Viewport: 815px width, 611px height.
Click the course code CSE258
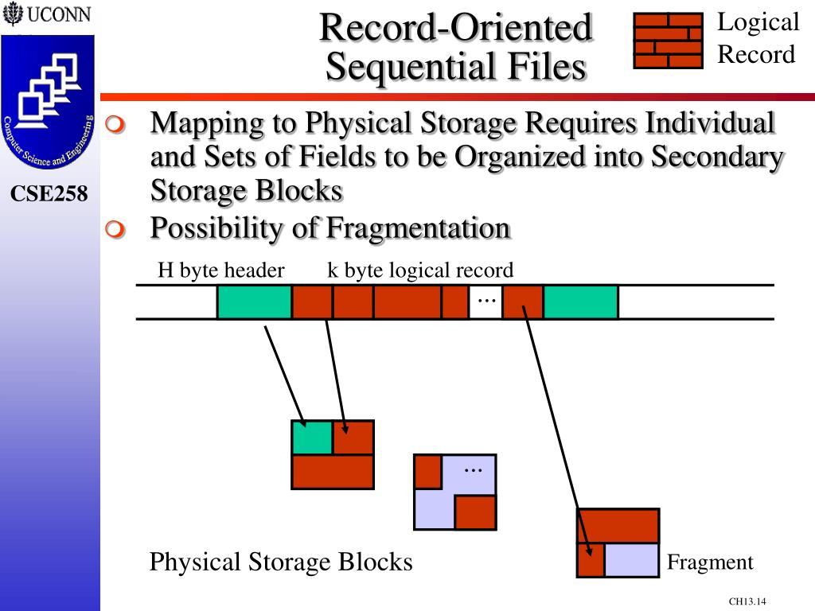[x=49, y=194]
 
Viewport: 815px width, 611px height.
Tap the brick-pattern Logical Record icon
[x=668, y=41]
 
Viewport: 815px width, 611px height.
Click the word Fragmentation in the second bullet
[x=419, y=228]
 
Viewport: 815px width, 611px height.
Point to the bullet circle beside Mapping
[x=115, y=124]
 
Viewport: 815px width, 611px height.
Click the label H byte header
[x=221, y=270]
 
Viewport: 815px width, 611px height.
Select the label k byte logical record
[x=420, y=270]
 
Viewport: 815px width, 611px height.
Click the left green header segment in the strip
[x=254, y=302]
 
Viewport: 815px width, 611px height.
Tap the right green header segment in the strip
[x=580, y=302]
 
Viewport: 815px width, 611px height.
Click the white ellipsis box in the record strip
[x=485, y=302]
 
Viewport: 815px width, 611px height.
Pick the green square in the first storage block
[x=312, y=438]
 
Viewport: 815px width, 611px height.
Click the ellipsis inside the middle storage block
[x=473, y=470]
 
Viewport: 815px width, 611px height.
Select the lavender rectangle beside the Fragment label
[x=631, y=560]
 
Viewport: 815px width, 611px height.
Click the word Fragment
[x=710, y=562]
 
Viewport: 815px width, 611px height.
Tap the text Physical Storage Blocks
[x=281, y=562]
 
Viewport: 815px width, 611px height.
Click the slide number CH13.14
[x=747, y=601]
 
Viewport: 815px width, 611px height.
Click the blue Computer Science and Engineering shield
[x=48, y=101]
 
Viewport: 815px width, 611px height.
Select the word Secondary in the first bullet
[x=717, y=158]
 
